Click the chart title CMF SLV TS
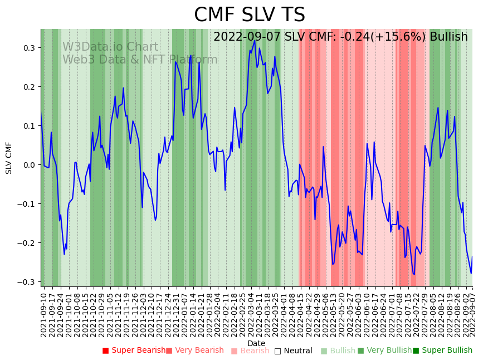click(x=250, y=15)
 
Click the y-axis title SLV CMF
click(x=9, y=158)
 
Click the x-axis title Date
click(x=256, y=343)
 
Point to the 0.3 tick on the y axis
click(x=30, y=48)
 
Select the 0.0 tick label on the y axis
click(x=30, y=165)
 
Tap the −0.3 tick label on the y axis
click(x=27, y=282)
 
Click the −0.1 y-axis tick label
click(x=27, y=204)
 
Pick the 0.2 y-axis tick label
click(x=30, y=87)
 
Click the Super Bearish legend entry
click(x=134, y=351)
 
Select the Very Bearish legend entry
click(x=194, y=351)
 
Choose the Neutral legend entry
click(x=294, y=351)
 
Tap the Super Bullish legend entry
click(x=442, y=351)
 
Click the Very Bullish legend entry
click(x=384, y=351)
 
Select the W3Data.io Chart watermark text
click(x=110, y=47)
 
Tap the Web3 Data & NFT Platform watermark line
click(x=140, y=60)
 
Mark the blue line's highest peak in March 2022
click(x=255, y=40)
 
